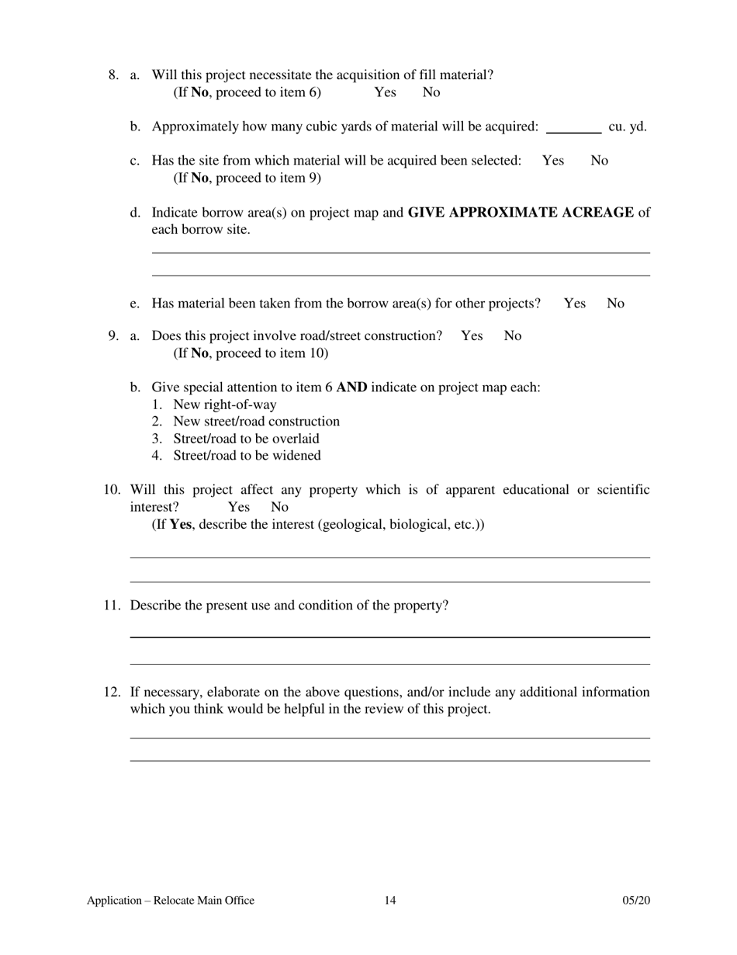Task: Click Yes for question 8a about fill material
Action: (385, 92)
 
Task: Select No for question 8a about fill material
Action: (431, 92)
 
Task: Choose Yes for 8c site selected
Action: (553, 161)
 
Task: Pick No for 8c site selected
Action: (600, 161)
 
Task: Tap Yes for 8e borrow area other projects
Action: (575, 304)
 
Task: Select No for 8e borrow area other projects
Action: (615, 304)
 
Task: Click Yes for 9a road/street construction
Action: (472, 336)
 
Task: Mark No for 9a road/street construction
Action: (513, 336)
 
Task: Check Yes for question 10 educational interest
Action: (239, 507)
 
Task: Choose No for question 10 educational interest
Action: (279, 507)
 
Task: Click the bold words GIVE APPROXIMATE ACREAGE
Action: (521, 213)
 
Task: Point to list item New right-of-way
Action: (224, 405)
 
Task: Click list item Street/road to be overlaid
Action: (246, 439)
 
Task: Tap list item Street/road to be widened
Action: (247, 456)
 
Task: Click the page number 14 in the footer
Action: (389, 901)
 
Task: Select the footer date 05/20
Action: (636, 901)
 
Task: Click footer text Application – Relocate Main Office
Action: (171, 901)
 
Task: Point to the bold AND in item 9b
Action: (352, 387)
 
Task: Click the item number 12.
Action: (112, 692)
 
